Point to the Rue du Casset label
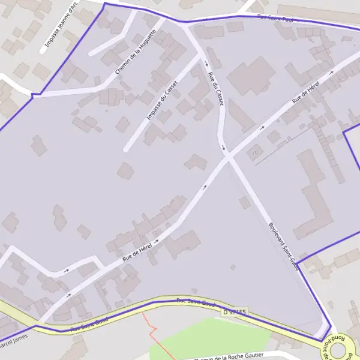[215, 89]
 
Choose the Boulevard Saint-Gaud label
[283, 247]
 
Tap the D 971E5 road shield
[235, 312]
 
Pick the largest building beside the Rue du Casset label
[250, 74]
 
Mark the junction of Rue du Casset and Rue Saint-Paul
[184, 23]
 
